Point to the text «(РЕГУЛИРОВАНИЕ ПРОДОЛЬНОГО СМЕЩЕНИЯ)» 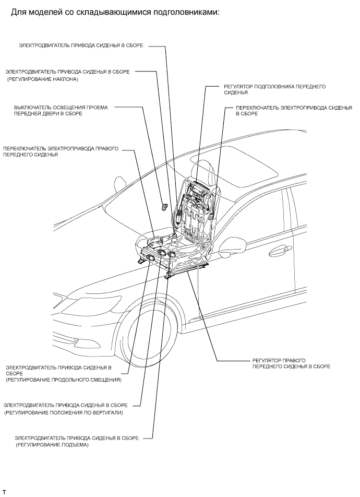[x=63, y=380]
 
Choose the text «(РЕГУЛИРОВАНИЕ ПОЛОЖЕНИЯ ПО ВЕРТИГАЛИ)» [x=63, y=412]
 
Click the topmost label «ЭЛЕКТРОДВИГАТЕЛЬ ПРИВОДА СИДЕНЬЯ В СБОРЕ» [x=81, y=46]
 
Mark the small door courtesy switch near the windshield [x=164, y=207]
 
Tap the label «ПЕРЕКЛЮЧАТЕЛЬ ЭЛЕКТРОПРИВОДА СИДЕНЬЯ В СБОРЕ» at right [x=290, y=110]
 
